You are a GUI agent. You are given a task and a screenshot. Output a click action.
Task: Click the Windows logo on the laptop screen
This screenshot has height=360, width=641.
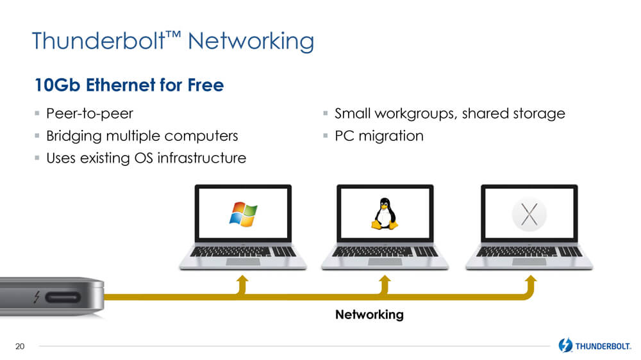pos(244,214)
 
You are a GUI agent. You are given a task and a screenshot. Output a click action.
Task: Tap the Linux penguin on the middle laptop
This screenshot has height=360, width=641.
pos(384,214)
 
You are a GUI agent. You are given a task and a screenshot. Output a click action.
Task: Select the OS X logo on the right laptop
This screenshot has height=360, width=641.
pos(529,213)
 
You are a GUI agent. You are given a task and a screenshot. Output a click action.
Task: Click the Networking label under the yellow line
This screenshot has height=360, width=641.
pos(369,315)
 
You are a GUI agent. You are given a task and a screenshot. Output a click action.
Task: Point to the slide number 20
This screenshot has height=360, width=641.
pos(20,347)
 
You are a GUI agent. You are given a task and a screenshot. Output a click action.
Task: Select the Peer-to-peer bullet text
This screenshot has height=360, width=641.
pos(90,114)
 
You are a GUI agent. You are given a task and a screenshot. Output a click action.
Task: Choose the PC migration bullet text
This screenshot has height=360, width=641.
pos(379,136)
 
